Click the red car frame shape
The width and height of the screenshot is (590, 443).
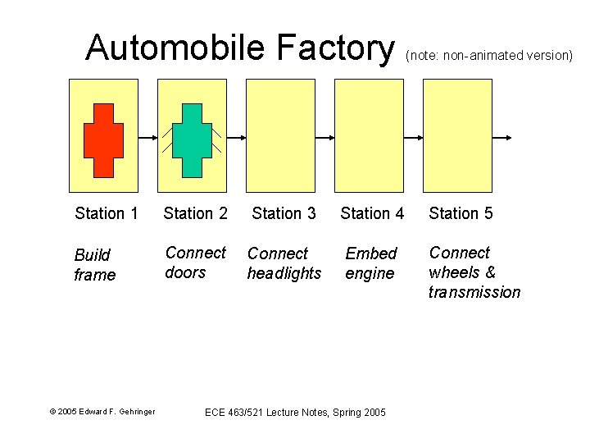click(103, 140)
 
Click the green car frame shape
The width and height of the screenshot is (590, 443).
click(192, 140)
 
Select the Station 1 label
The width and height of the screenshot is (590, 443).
click(106, 214)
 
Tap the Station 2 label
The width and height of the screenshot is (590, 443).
click(195, 214)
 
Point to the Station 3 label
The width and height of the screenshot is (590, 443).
click(284, 214)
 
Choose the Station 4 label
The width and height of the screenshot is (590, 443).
click(372, 214)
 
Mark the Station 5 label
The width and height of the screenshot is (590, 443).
click(461, 214)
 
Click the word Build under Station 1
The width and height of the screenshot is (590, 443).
click(92, 255)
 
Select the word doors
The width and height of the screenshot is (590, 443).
click(185, 273)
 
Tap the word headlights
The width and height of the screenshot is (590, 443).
click(284, 274)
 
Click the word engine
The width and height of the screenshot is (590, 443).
click(370, 274)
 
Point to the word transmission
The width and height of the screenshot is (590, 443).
click(474, 293)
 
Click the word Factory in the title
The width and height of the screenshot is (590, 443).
click(335, 48)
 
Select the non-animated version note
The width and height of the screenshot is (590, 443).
click(488, 56)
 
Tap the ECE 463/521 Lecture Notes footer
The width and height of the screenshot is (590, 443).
click(294, 412)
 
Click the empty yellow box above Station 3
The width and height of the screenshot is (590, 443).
click(281, 135)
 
